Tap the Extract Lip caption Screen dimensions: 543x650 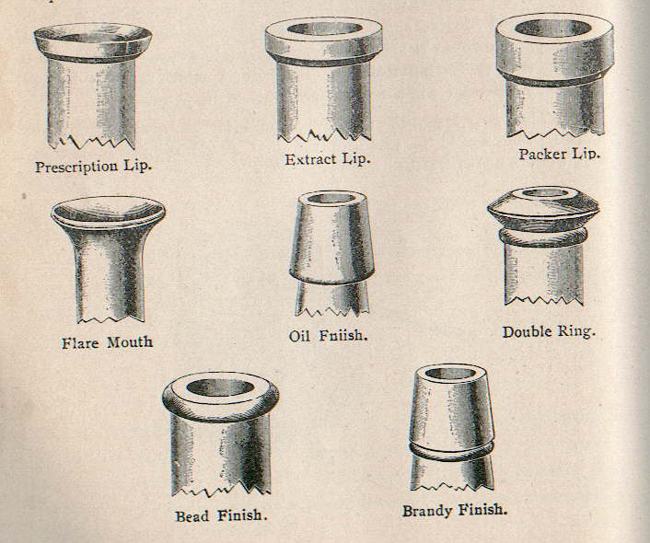click(x=327, y=159)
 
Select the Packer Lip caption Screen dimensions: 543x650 click(x=559, y=153)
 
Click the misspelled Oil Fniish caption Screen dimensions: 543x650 click(x=328, y=336)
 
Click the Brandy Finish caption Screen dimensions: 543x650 click(x=455, y=508)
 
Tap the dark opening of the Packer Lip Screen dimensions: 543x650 click(x=553, y=29)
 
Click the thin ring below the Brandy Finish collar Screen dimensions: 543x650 click(x=451, y=449)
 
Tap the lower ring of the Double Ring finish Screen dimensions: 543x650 click(x=543, y=238)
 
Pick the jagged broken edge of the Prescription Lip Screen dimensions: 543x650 click(x=92, y=143)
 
